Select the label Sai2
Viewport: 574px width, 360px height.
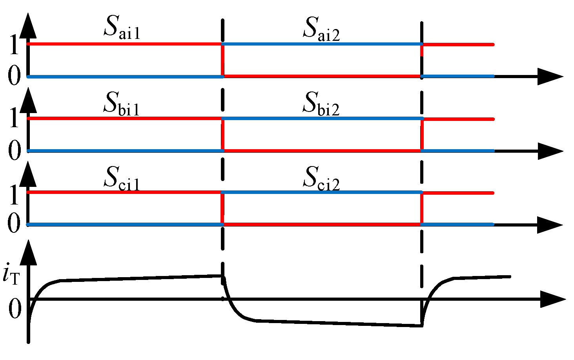[x=321, y=29]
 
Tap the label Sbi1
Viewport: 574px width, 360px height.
[x=121, y=104]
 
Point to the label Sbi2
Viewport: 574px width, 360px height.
[x=321, y=104]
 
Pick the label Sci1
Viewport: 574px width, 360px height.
[x=121, y=178]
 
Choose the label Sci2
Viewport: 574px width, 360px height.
[x=321, y=179]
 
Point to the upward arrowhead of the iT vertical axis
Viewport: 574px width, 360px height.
[x=28, y=251]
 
